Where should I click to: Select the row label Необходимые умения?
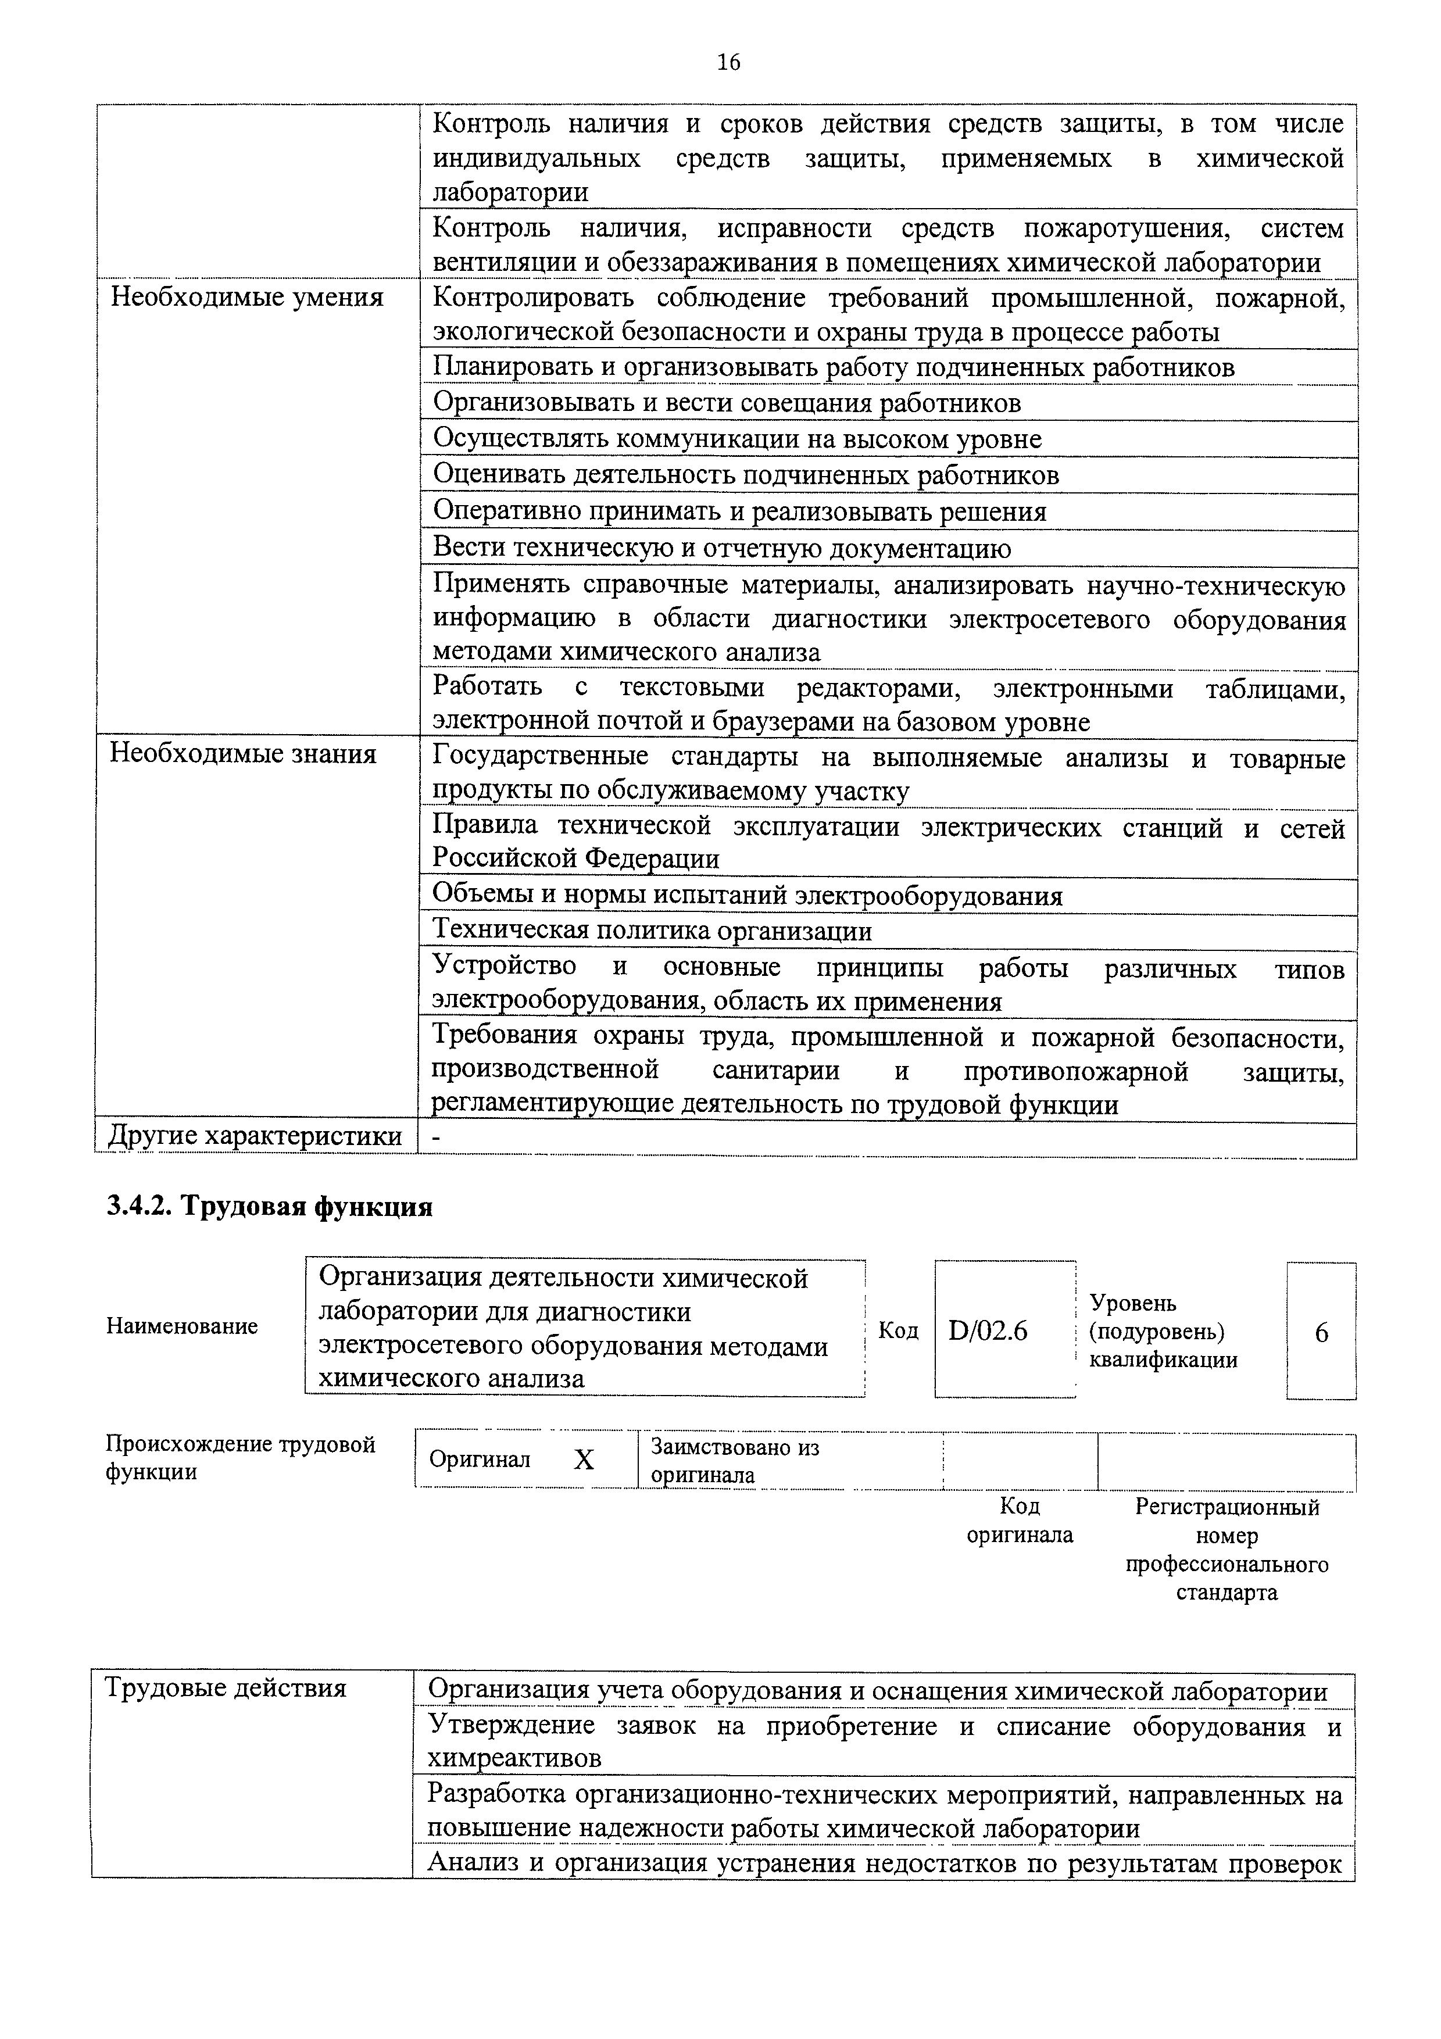coord(246,298)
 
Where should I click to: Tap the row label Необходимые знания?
coord(242,754)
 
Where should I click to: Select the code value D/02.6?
coord(987,1331)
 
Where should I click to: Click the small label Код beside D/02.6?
coord(898,1330)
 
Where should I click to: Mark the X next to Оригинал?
coord(584,1461)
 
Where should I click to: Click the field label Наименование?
coord(182,1326)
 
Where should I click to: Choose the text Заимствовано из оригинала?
coord(735,1461)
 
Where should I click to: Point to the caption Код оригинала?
coord(1019,1521)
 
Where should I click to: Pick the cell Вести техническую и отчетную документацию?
coord(721,548)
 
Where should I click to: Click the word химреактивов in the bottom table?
coord(514,1758)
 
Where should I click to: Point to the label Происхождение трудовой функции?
coord(239,1458)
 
